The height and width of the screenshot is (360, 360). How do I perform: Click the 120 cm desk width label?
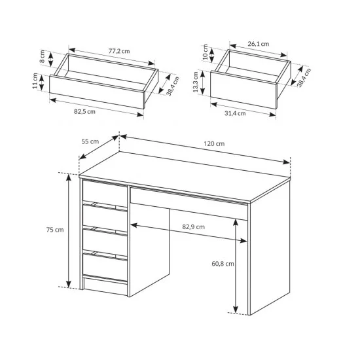pyautogui.click(x=214, y=144)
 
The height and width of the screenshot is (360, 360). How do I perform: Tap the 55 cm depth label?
pyautogui.click(x=90, y=141)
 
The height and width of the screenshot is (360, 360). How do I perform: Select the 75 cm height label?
pyautogui.click(x=55, y=230)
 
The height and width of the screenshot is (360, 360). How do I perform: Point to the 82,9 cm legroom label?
pyautogui.click(x=193, y=227)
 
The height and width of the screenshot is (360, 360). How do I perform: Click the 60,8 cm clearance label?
pyautogui.click(x=223, y=264)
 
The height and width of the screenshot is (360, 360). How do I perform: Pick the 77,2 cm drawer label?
pyautogui.click(x=119, y=51)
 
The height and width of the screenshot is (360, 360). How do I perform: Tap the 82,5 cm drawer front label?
pyautogui.click(x=84, y=112)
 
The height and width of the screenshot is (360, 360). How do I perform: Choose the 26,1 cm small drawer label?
pyautogui.click(x=259, y=44)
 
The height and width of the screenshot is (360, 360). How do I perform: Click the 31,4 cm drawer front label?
pyautogui.click(x=235, y=113)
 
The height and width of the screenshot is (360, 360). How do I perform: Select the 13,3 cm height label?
pyautogui.click(x=196, y=82)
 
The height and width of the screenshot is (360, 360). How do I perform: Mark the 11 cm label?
pyautogui.click(x=35, y=81)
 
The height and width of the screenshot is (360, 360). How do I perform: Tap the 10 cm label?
pyautogui.click(x=206, y=52)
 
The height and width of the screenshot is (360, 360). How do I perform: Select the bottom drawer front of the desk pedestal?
pyautogui.click(x=105, y=266)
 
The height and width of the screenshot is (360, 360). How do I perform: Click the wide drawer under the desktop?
pyautogui.click(x=189, y=203)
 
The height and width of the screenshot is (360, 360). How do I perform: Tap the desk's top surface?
pyautogui.click(x=185, y=176)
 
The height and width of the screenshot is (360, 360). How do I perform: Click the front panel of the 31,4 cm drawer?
pyautogui.click(x=243, y=90)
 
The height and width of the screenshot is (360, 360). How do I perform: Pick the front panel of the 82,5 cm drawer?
pyautogui.click(x=97, y=92)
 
